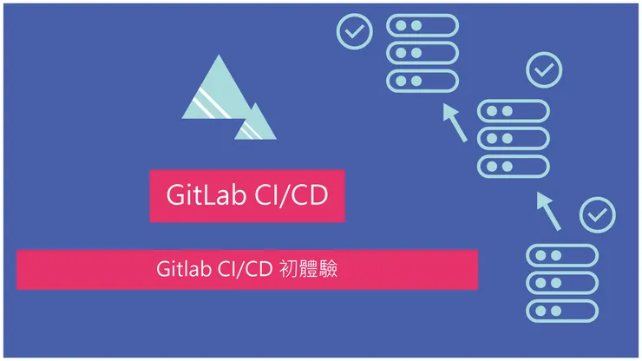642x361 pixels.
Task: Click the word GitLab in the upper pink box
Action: [x=206, y=194]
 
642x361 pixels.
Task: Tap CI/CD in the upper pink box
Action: [x=292, y=194]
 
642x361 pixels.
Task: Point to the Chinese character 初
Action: [x=289, y=269]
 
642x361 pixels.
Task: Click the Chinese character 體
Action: [x=308, y=269]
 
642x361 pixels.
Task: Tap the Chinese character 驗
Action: [x=328, y=269]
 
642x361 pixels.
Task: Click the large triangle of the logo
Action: [x=217, y=92]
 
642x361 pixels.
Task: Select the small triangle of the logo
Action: [x=255, y=124]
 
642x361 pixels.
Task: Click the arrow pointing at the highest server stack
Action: [x=455, y=122]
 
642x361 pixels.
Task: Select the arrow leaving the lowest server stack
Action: [x=548, y=211]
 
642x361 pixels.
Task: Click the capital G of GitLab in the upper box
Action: [x=175, y=195]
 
